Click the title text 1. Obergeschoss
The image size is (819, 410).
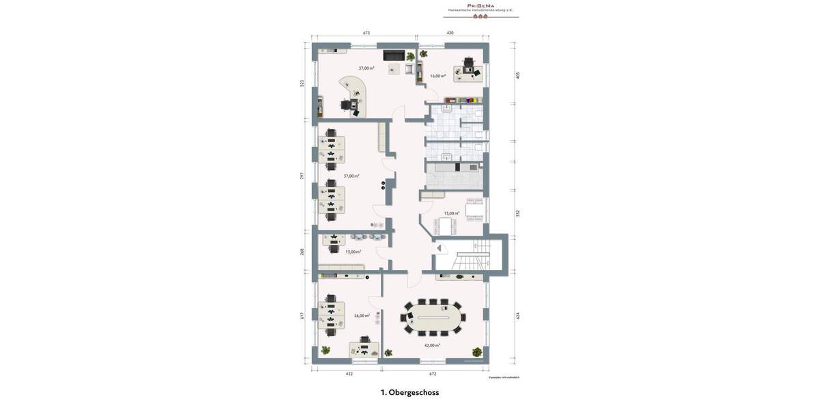[409, 392]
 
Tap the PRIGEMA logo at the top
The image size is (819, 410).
[480, 6]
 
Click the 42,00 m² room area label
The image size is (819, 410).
[432, 345]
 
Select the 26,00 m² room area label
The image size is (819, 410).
[362, 316]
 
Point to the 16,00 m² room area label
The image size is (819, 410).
[437, 76]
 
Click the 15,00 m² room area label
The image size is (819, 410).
[451, 213]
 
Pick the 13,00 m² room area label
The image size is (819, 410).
[353, 251]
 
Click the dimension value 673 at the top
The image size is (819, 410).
[367, 33]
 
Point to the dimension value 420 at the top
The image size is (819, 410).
[450, 33]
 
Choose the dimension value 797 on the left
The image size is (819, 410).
[302, 176]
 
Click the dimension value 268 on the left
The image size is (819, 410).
[302, 251]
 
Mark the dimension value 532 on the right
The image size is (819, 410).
[518, 213]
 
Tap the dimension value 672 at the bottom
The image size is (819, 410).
[433, 374]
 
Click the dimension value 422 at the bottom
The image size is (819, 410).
[349, 374]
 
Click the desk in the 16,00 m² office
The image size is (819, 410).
[468, 73]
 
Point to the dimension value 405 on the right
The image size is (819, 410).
[518, 75]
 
